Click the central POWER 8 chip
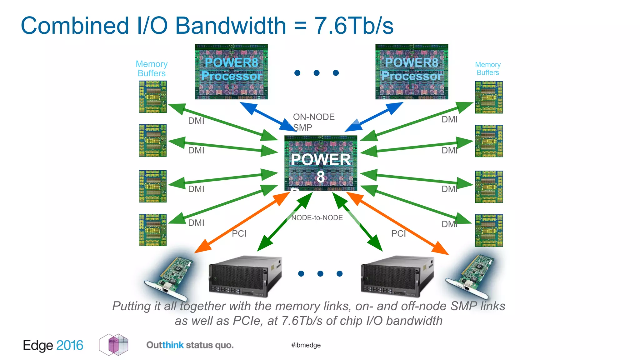click(x=321, y=163)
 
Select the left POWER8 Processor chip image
click(x=231, y=72)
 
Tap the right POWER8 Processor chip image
click(x=412, y=72)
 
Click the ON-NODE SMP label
click(x=313, y=122)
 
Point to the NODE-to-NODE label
click(x=317, y=217)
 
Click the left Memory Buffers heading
click(x=152, y=68)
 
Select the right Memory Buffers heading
click(x=487, y=68)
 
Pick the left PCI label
click(x=239, y=233)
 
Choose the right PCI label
click(x=398, y=233)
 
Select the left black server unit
click(x=245, y=276)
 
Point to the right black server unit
click(x=397, y=276)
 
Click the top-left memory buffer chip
click(x=152, y=97)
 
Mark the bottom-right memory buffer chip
click(x=489, y=230)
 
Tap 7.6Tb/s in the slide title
click(x=354, y=26)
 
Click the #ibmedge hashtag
click(x=306, y=345)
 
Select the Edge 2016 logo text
click(x=53, y=345)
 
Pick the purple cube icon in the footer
click(x=114, y=345)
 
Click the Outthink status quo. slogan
click(x=190, y=345)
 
